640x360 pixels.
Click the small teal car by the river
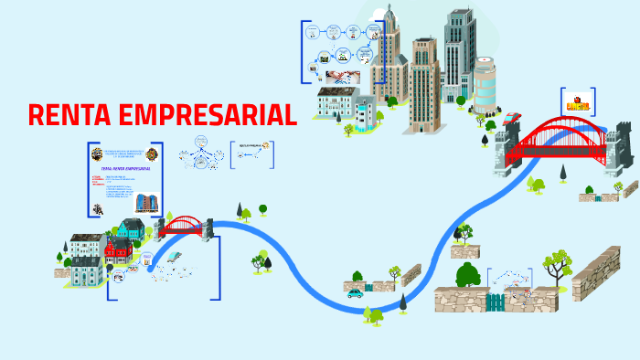point(355,293)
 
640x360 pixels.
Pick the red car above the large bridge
point(512,118)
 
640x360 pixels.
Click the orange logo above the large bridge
point(578,101)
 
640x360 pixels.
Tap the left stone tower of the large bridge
point(507,151)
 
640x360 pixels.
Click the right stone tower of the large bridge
point(613,146)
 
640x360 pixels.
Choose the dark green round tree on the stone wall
point(468,273)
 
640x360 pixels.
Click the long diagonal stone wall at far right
point(596,272)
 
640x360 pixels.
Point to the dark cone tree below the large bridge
point(564,171)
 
